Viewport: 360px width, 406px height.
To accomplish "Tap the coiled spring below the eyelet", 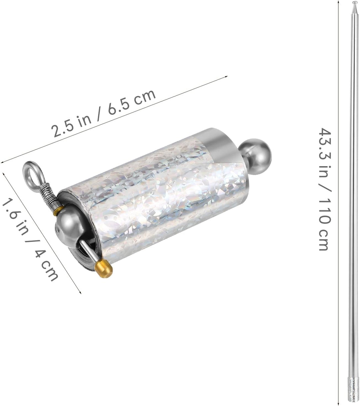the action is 49,197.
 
